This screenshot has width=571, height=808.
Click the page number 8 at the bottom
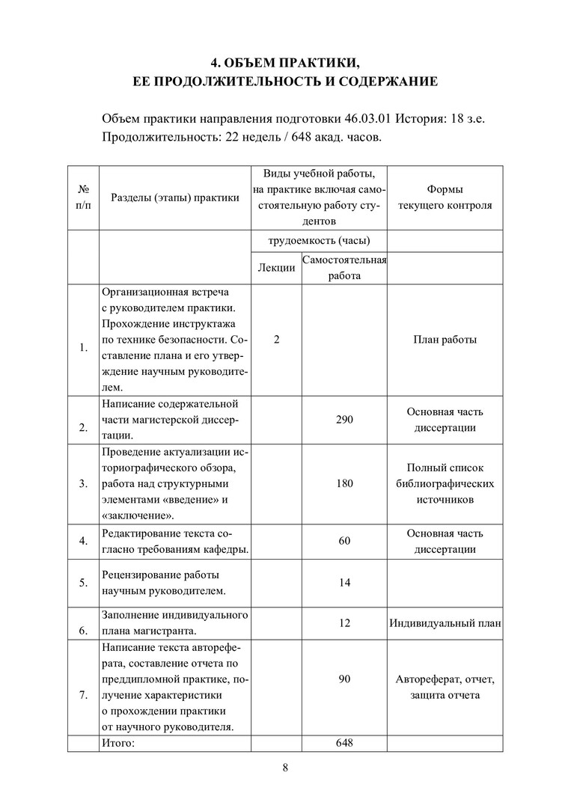click(x=285, y=767)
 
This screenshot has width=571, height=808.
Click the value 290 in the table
click(x=344, y=420)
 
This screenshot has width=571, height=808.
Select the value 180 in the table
click(x=344, y=483)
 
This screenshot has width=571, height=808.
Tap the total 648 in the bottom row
click(x=344, y=743)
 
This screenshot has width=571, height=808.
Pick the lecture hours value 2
click(x=276, y=340)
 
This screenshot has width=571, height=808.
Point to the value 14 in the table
click(x=344, y=582)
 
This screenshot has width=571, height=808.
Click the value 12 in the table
click(x=344, y=622)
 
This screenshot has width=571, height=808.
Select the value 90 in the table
click(x=344, y=679)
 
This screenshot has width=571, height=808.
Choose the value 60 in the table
click(x=344, y=540)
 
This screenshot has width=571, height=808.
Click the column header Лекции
click(x=276, y=268)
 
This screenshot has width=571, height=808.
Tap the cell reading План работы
click(x=445, y=340)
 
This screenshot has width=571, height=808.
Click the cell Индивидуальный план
click(x=445, y=622)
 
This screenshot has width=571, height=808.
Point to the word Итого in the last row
click(x=117, y=743)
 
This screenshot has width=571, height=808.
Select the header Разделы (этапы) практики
click(x=175, y=198)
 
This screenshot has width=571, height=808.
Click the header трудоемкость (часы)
click(x=319, y=241)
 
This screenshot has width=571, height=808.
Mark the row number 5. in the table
click(x=83, y=582)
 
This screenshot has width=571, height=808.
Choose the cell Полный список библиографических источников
click(x=445, y=483)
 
